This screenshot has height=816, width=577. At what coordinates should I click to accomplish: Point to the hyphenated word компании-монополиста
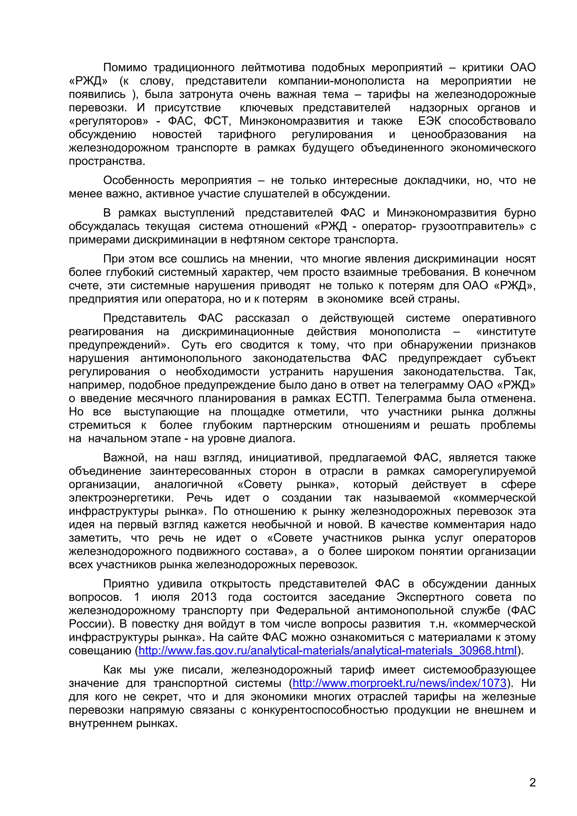341,81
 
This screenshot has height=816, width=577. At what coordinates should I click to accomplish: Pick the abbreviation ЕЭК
429,121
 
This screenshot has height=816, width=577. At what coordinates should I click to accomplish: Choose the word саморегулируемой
484,471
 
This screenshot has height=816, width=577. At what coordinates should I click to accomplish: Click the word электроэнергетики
121,498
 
